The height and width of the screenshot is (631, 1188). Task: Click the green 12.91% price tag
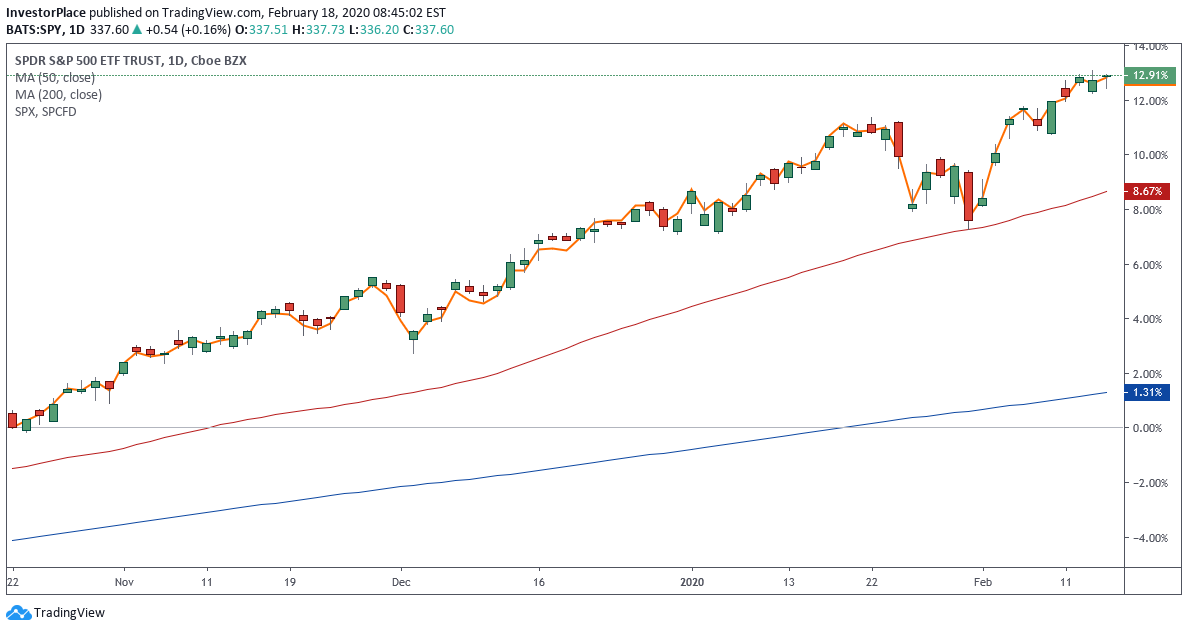[1144, 75]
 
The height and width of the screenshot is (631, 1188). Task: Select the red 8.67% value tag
[1144, 191]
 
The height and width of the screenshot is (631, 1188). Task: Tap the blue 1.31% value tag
[1144, 393]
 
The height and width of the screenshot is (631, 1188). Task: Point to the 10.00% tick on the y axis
[1146, 155]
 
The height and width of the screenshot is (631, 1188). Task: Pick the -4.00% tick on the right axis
[1146, 538]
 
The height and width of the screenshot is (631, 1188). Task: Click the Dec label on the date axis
[401, 581]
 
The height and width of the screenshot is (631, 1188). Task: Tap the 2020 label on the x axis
[692, 581]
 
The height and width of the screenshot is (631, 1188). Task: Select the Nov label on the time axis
[123, 581]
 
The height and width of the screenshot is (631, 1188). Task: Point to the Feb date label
[984, 581]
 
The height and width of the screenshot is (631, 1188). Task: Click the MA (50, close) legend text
[57, 78]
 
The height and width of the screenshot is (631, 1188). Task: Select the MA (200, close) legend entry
[60, 95]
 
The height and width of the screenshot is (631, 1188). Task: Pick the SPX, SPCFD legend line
[45, 111]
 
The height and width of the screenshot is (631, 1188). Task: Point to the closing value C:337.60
[427, 30]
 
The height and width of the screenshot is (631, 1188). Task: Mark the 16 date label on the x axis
[538, 581]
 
